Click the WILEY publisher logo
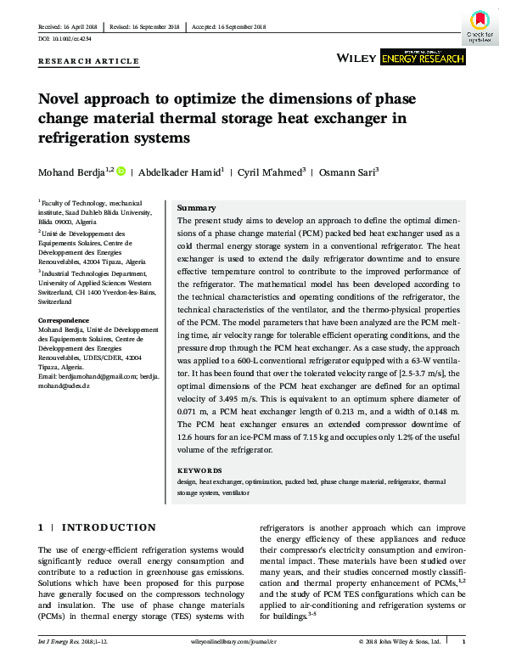tap(357, 58)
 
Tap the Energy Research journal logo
tap(423, 57)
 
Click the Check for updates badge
tap(480, 25)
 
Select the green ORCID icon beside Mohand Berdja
tap(120, 172)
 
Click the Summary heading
tap(195, 208)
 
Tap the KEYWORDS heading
tap(199, 470)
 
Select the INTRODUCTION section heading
tap(102, 527)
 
